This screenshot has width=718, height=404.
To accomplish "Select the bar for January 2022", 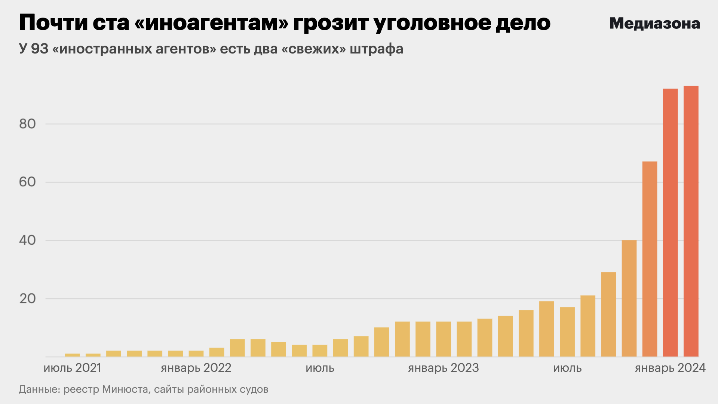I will (196, 353).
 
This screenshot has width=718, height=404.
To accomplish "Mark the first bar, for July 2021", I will (72, 355).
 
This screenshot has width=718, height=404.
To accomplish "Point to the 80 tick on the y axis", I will (27, 124).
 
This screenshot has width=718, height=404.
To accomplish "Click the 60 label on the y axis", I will (27, 182).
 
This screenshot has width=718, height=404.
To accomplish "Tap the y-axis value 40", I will (27, 240).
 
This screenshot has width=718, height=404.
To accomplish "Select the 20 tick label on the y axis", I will (27, 299).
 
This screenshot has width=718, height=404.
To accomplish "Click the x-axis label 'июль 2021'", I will (72, 368).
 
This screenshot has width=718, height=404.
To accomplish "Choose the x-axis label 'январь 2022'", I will (196, 368).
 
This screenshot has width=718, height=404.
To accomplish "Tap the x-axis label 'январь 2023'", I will (443, 368).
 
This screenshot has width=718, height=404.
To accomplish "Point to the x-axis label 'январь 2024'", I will (670, 368).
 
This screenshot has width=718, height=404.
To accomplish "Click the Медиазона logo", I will (654, 24).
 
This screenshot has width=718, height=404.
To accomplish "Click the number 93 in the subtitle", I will (40, 49).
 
